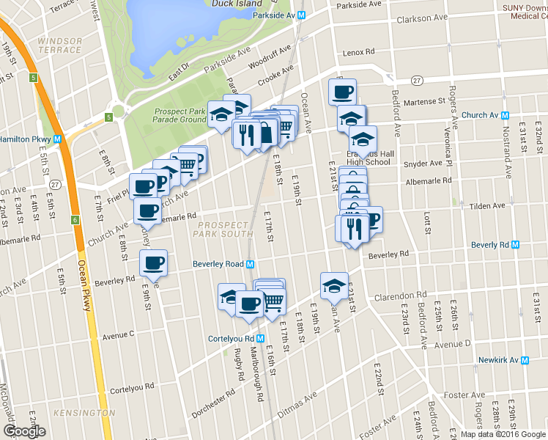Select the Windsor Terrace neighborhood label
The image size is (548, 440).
[x=59, y=45]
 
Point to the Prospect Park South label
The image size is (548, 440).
[x=228, y=229]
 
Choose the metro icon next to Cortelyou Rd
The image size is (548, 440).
[x=259, y=338]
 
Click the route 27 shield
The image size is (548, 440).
[x=416, y=80]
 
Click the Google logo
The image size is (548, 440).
[x=24, y=431]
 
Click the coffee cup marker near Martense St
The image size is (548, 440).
[x=342, y=92]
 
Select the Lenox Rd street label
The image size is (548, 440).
[x=358, y=53]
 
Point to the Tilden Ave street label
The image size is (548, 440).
[x=487, y=206]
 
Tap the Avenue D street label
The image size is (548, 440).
[x=452, y=344]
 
